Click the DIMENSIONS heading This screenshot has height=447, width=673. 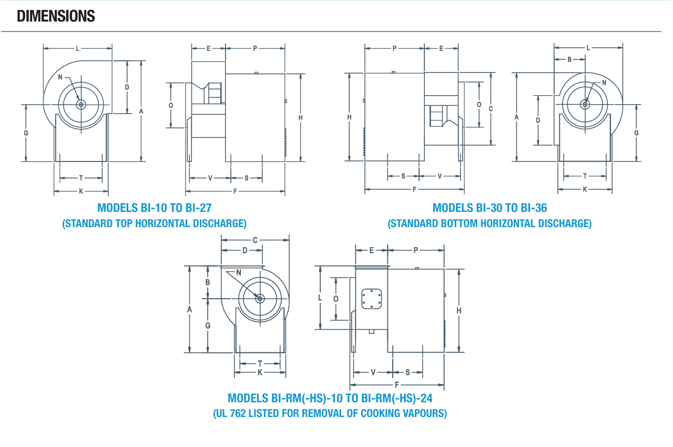56,16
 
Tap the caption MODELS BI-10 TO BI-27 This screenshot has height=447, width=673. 155,208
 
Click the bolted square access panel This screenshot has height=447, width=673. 372,299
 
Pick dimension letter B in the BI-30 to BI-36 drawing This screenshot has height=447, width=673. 569,59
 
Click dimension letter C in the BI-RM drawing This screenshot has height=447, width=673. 255,240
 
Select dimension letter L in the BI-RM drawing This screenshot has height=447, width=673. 320,298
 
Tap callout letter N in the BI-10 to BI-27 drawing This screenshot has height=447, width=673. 60,77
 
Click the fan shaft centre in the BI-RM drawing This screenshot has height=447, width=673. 260,299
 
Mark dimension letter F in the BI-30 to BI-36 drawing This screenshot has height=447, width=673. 414,189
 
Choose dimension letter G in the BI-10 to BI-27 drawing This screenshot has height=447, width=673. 26,133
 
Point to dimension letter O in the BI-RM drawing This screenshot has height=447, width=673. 336,299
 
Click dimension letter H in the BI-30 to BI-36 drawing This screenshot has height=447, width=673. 349,117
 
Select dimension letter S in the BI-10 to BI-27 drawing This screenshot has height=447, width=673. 247,178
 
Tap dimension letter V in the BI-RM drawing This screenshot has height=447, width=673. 373,372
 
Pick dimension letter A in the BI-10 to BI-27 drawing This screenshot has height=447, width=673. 141,111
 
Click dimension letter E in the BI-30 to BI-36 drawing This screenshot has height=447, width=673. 441,48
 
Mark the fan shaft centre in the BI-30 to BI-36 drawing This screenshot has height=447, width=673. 585,105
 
